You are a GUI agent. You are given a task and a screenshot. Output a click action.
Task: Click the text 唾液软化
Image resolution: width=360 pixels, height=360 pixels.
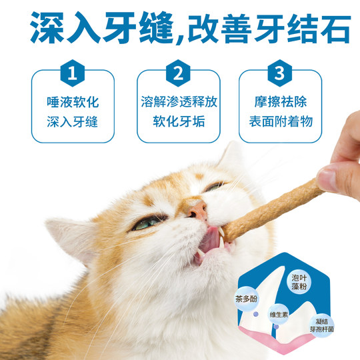pos(73,104)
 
